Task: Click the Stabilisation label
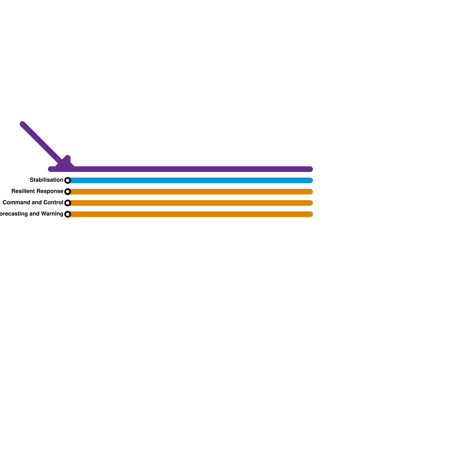click(47, 180)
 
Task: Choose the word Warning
click(52, 214)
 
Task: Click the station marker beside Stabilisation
click(68, 180)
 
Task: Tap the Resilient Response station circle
click(68, 192)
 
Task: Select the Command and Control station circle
click(68, 203)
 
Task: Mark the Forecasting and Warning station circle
click(68, 214)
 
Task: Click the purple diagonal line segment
click(42, 144)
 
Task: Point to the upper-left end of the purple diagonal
click(23, 124)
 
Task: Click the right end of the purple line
click(310, 169)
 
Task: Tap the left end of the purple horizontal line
click(51, 169)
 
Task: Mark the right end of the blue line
click(310, 180)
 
